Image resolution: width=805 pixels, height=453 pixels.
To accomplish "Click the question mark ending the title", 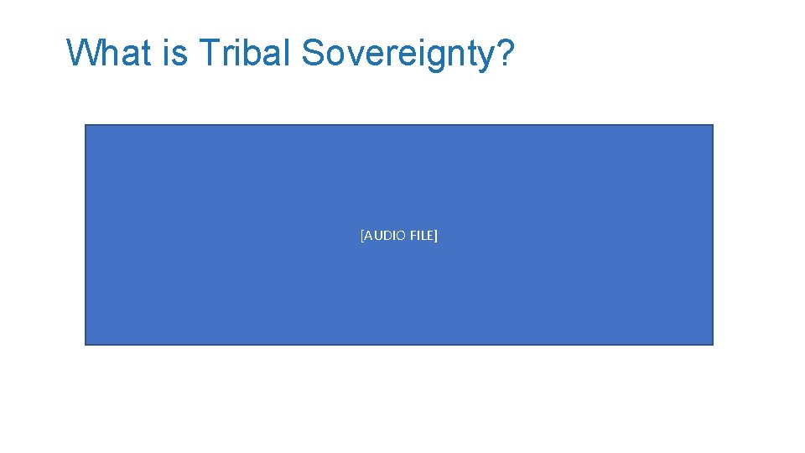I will (x=505, y=53).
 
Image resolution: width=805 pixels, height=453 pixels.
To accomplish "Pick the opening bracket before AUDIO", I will (x=361, y=236).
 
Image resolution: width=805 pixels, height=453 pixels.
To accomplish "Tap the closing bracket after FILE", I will (x=436, y=236).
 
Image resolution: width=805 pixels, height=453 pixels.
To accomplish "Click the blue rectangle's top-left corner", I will (x=86, y=126).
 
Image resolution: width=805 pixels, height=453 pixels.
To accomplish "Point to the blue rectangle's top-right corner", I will (x=712, y=126).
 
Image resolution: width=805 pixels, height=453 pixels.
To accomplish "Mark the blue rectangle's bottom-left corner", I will (x=86, y=344).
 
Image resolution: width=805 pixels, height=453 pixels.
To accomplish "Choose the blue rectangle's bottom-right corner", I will (x=712, y=344).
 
